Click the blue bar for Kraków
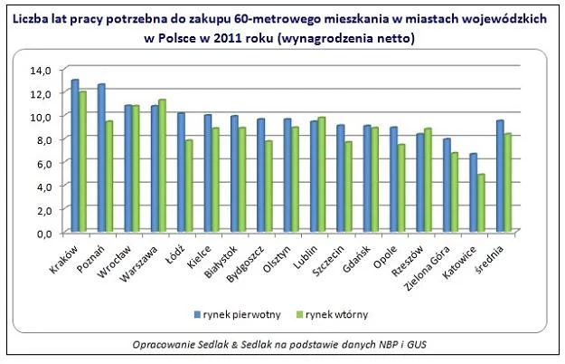tap(75, 156)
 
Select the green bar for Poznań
tap(108, 177)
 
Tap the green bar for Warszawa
tap(162, 166)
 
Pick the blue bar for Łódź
tap(181, 172)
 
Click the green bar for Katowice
tap(481, 203)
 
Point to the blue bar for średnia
tap(500, 176)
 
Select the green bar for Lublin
tap(322, 174)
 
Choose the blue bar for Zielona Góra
tap(447, 185)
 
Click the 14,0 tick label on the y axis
tap(41, 70)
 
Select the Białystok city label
tap(221, 262)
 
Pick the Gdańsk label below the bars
tap(356, 259)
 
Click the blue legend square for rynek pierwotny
tap(197, 314)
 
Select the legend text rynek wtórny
tap(337, 314)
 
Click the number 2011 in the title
tap(228, 38)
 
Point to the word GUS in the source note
tap(417, 344)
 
